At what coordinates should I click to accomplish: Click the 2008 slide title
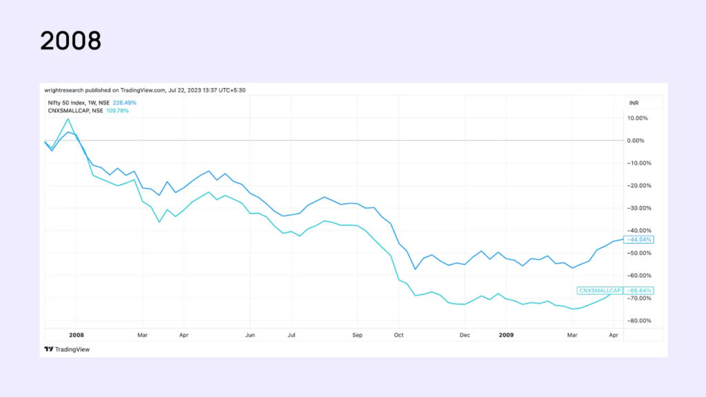coord(70,41)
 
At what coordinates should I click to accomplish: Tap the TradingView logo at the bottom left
coord(67,349)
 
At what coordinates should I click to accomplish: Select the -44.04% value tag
coord(638,239)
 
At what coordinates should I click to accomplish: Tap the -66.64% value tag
coord(638,290)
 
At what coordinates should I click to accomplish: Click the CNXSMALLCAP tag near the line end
coord(599,290)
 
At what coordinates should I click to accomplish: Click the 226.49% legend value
coord(124,103)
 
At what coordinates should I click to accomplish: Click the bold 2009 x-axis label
coord(506,334)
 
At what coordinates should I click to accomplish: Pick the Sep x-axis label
coord(357,334)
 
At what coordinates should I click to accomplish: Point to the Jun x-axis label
coord(250,334)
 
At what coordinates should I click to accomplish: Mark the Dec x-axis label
coord(465,334)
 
